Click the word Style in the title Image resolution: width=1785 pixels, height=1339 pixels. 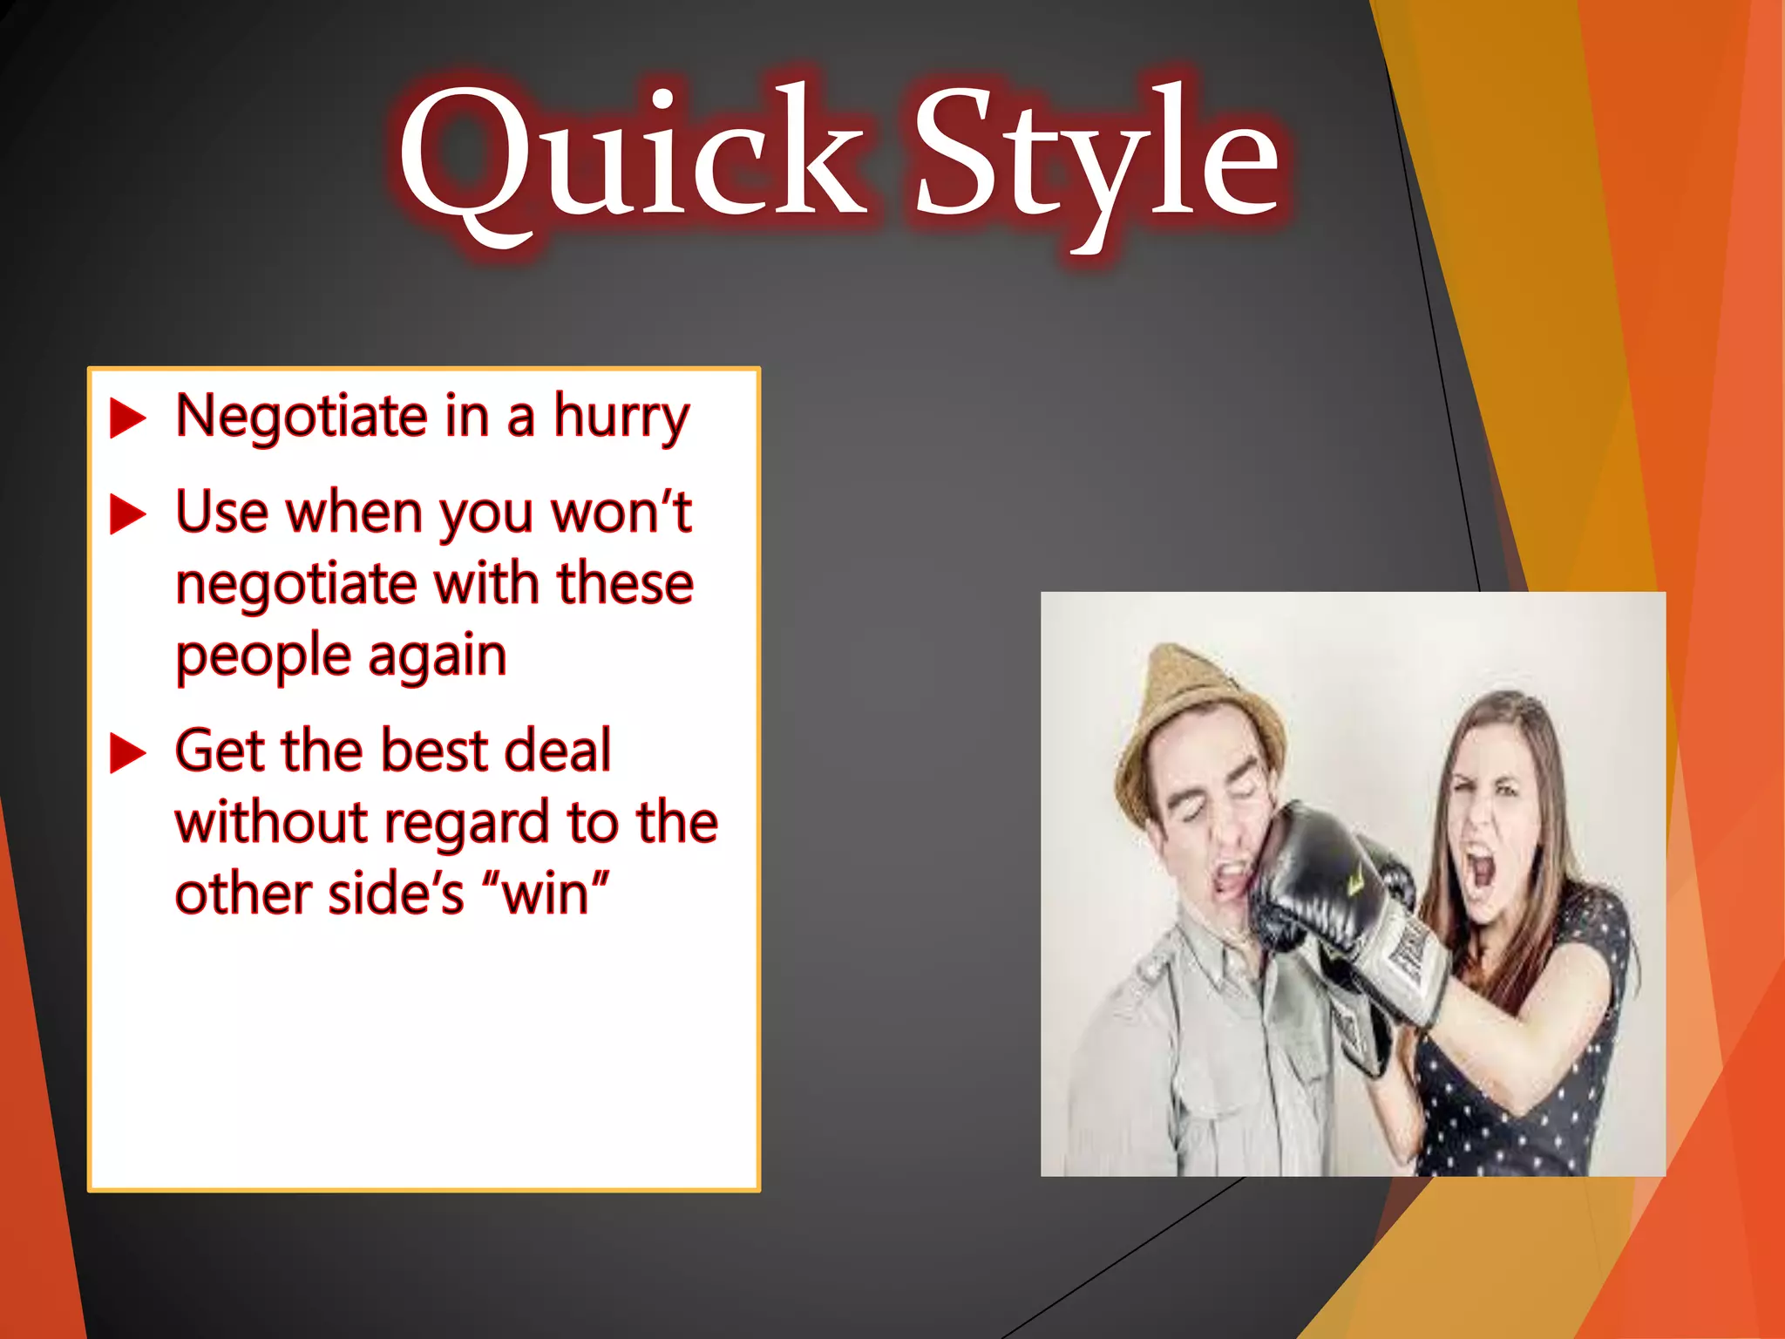click(x=1096, y=157)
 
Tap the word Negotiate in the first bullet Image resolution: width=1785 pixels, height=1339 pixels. click(x=301, y=417)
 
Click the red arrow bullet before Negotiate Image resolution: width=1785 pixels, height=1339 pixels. click(x=127, y=418)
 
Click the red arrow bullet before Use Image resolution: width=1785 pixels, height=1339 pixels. click(x=127, y=514)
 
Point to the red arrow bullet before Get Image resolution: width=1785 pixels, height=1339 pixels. click(x=127, y=753)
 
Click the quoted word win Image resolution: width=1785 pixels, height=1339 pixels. click(x=546, y=894)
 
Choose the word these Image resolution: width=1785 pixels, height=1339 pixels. click(x=625, y=584)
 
